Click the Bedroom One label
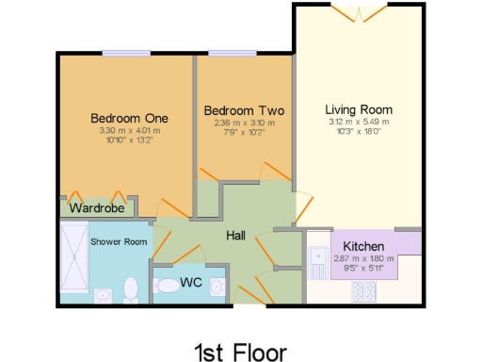point(129,118)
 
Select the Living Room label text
point(358,108)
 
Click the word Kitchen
point(362,246)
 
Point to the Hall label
point(236,237)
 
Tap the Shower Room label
point(119,241)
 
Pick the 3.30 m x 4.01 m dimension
point(129,131)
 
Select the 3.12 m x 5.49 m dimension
point(358,122)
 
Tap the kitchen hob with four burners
point(364,291)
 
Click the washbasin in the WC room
point(217,285)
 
